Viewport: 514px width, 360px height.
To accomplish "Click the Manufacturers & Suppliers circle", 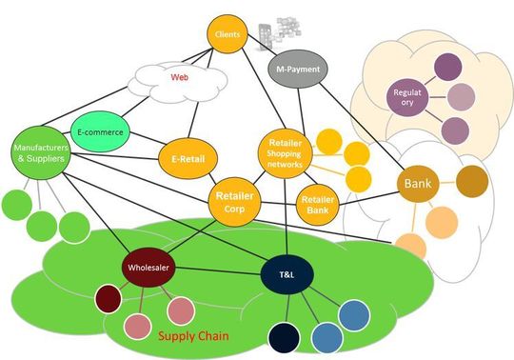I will (40, 153).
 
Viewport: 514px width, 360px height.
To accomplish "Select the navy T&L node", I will (288, 273).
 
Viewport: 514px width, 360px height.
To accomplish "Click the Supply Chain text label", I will (197, 335).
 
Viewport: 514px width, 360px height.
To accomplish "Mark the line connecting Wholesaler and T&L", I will (219, 271).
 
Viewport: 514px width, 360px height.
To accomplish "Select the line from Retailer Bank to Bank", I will (366, 194).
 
